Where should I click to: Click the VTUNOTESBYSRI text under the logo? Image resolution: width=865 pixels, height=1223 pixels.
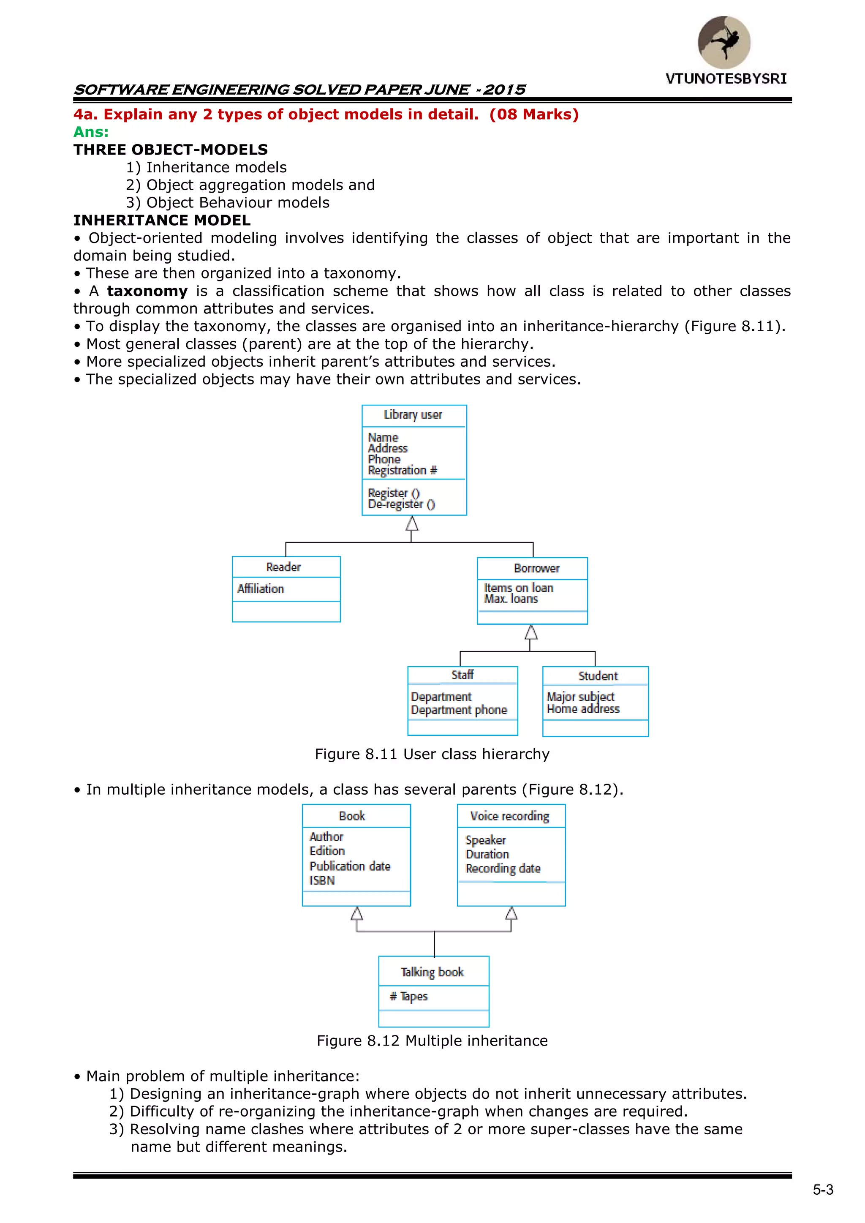pos(726,79)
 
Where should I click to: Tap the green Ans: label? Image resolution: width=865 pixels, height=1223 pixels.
pos(91,132)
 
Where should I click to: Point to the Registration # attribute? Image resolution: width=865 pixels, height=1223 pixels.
pos(402,470)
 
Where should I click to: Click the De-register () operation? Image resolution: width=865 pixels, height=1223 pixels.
pos(401,504)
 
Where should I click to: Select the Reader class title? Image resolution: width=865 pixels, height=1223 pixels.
pos(283,567)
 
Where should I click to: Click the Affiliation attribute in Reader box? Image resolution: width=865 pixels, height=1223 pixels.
pos(261,589)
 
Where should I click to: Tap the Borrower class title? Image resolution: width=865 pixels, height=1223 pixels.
pos(536,568)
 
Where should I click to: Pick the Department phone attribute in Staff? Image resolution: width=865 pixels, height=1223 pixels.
pos(459,710)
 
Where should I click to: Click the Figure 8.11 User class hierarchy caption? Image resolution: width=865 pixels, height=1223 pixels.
pos(432,754)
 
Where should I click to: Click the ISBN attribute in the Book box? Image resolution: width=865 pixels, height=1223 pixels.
pos(322,880)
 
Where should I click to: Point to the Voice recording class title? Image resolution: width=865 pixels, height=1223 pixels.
pos(509,816)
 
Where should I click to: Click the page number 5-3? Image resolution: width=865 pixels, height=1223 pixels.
pos(822,1190)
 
